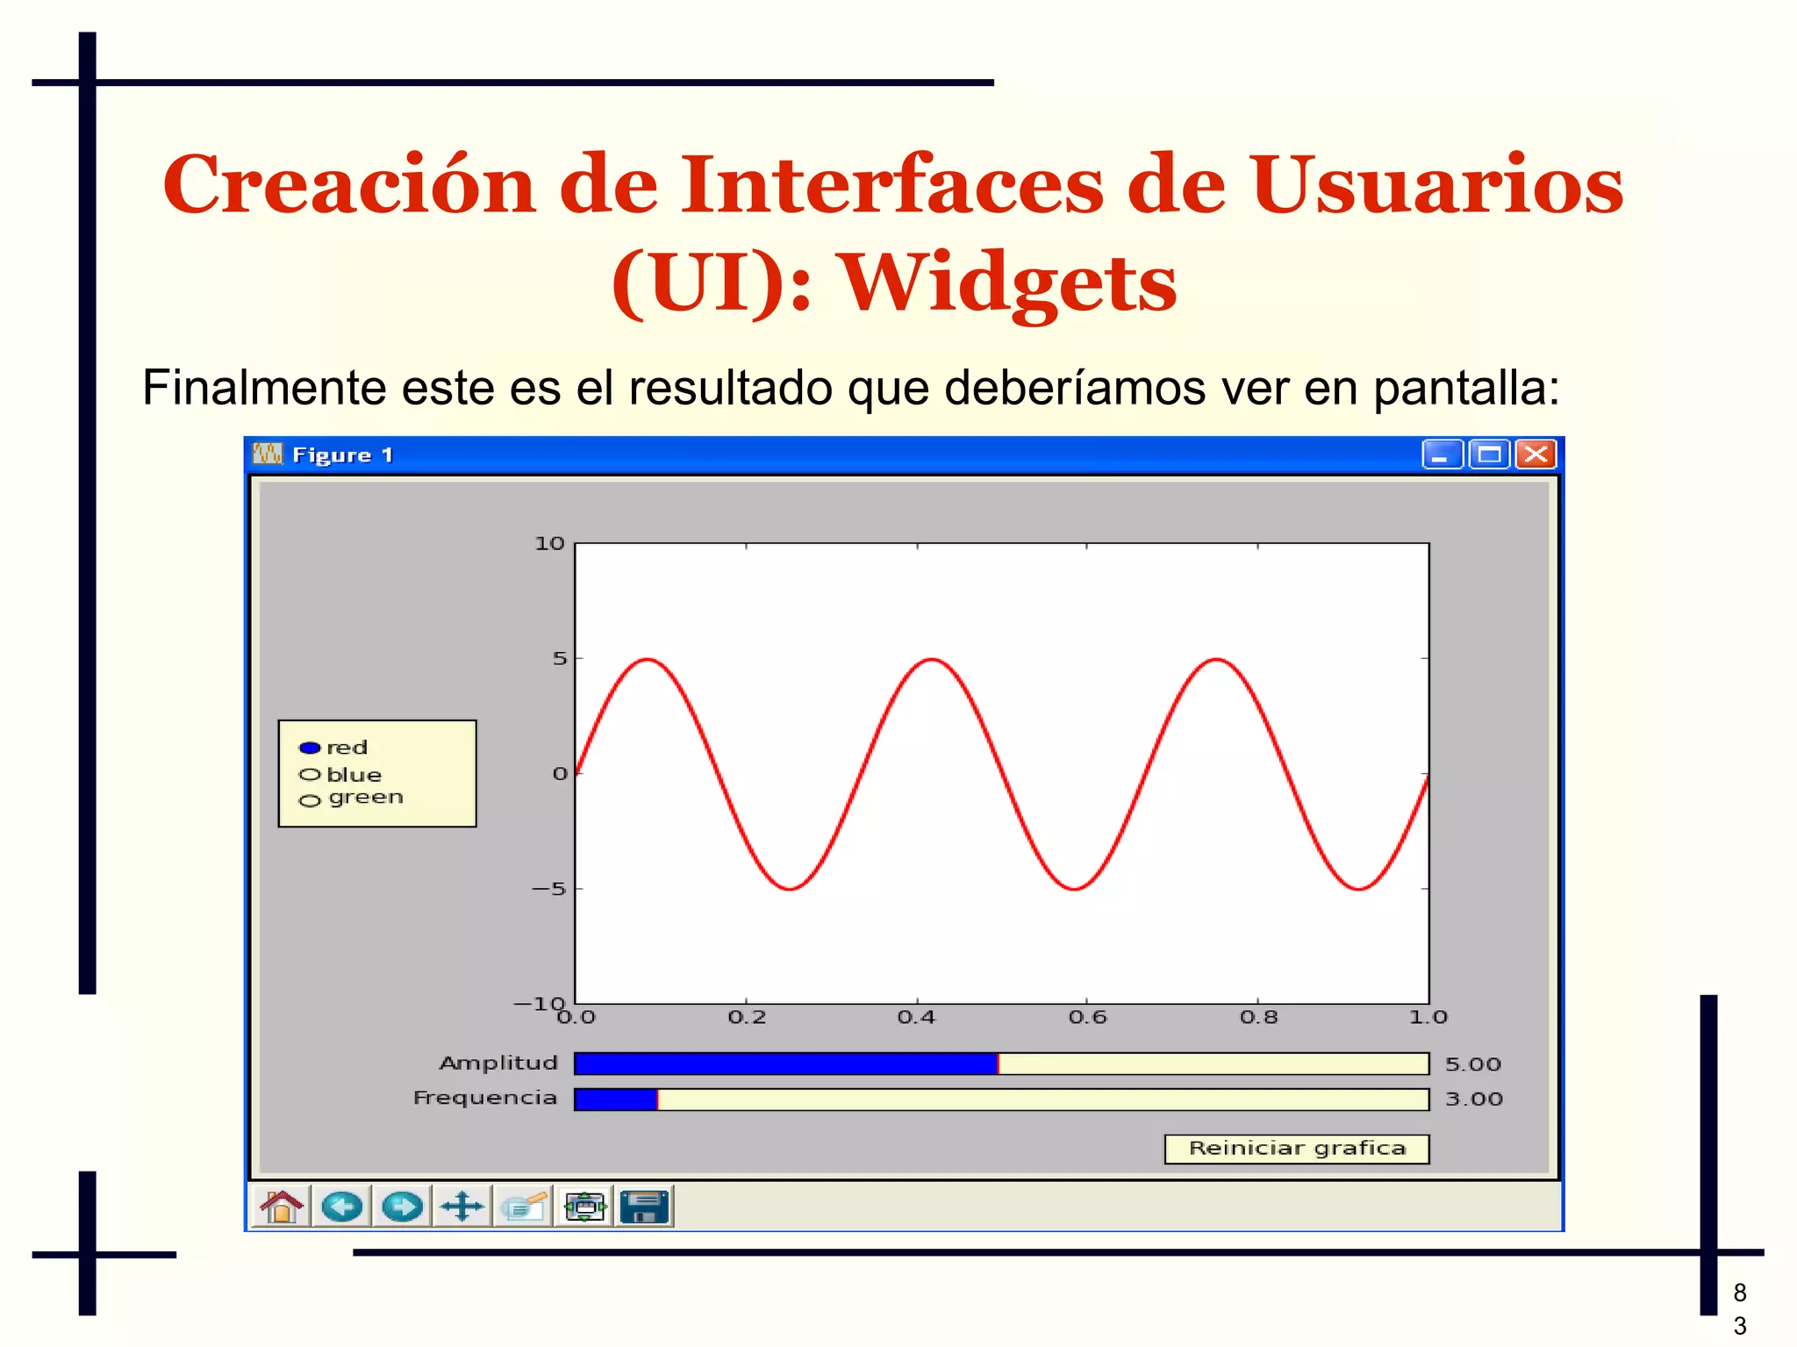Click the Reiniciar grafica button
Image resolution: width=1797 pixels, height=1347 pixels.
point(1296,1149)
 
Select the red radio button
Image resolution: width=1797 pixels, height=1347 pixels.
point(310,748)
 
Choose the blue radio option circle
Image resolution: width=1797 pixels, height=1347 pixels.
point(310,774)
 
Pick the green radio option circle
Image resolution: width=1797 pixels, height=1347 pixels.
point(310,800)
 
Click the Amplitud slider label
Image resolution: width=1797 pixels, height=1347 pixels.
point(498,1063)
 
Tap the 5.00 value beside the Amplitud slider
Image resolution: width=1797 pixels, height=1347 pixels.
point(1472,1064)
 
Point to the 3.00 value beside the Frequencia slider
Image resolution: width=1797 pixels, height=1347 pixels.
point(1473,1099)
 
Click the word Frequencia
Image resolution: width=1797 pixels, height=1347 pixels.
point(485,1098)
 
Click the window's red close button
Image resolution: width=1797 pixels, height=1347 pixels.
point(1536,455)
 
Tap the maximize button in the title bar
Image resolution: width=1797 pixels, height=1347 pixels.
point(1489,455)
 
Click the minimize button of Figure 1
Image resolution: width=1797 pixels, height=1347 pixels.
point(1442,455)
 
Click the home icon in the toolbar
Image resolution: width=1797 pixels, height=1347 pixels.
point(282,1207)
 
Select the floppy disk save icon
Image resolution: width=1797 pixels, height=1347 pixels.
point(645,1207)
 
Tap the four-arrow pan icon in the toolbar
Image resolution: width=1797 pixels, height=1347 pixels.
point(462,1207)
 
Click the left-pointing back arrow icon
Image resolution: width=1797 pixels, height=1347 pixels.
point(342,1207)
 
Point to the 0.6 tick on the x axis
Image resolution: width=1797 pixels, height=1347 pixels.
point(1087,1017)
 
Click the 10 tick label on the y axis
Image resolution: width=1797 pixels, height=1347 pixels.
point(550,544)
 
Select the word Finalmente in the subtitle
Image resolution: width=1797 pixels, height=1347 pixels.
point(264,388)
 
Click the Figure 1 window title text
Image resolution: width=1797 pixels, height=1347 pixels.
point(342,455)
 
